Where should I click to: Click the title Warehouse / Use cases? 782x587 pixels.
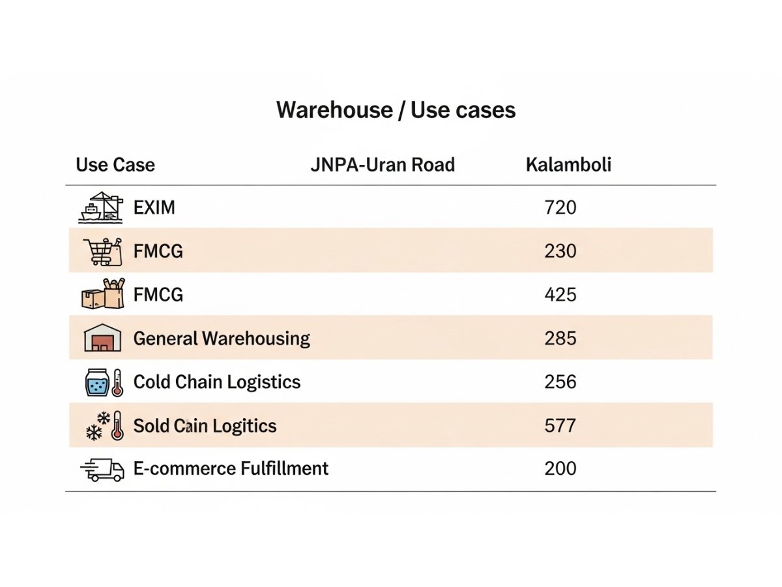(396, 110)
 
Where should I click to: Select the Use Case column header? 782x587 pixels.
(115, 164)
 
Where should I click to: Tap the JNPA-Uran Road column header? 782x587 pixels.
(383, 164)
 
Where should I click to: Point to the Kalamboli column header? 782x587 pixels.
(568, 164)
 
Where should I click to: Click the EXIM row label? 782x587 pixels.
(154, 208)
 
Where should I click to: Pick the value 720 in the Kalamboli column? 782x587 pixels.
(560, 208)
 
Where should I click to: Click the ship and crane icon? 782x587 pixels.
(101, 207)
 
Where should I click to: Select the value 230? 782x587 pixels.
(560, 251)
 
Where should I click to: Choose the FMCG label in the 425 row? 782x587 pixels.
(158, 295)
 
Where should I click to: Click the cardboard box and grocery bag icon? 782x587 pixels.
(102, 294)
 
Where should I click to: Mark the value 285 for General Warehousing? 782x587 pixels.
(560, 339)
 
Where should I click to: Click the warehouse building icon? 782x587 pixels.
(103, 339)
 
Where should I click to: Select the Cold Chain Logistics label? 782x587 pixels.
(217, 382)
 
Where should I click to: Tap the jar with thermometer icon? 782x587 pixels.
(104, 382)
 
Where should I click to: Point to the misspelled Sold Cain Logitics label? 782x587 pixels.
(205, 426)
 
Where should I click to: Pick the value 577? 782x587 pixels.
(560, 426)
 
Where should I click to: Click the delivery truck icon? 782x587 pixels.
(102, 470)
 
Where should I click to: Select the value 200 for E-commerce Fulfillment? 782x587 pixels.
(560, 468)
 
